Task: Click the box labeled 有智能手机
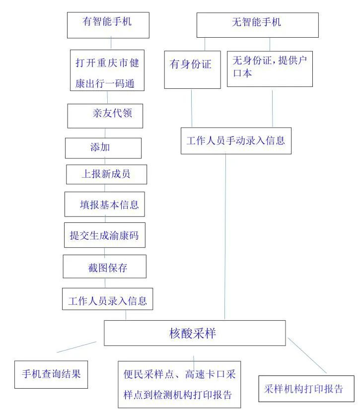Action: (x=108, y=24)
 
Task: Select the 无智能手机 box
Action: (x=257, y=25)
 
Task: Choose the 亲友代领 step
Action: (x=105, y=115)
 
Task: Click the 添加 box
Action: (x=103, y=148)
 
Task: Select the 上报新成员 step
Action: (x=106, y=174)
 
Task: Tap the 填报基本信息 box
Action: (x=104, y=204)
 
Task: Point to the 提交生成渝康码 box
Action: (x=104, y=235)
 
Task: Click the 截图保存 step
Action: (x=104, y=267)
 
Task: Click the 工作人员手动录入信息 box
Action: (x=235, y=140)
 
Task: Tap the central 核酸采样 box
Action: (x=195, y=333)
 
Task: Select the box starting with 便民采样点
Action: (x=179, y=384)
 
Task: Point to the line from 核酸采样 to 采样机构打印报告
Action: (x=308, y=356)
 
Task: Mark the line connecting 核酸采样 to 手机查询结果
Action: (x=76, y=346)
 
